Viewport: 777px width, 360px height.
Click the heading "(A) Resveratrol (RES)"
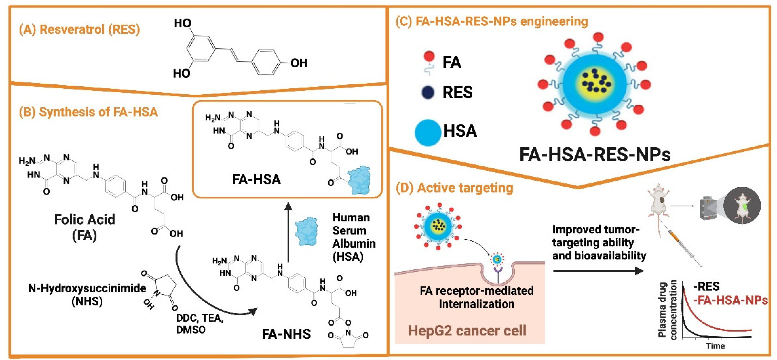(79, 30)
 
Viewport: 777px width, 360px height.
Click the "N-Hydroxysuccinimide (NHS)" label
(87, 294)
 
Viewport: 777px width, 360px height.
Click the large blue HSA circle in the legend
(428, 132)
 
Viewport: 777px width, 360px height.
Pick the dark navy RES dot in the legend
(428, 92)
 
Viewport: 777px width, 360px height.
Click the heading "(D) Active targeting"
(454, 188)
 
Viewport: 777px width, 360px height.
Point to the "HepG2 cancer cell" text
(467, 330)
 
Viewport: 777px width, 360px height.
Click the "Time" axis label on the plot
(715, 346)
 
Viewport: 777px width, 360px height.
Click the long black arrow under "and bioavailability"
(598, 271)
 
